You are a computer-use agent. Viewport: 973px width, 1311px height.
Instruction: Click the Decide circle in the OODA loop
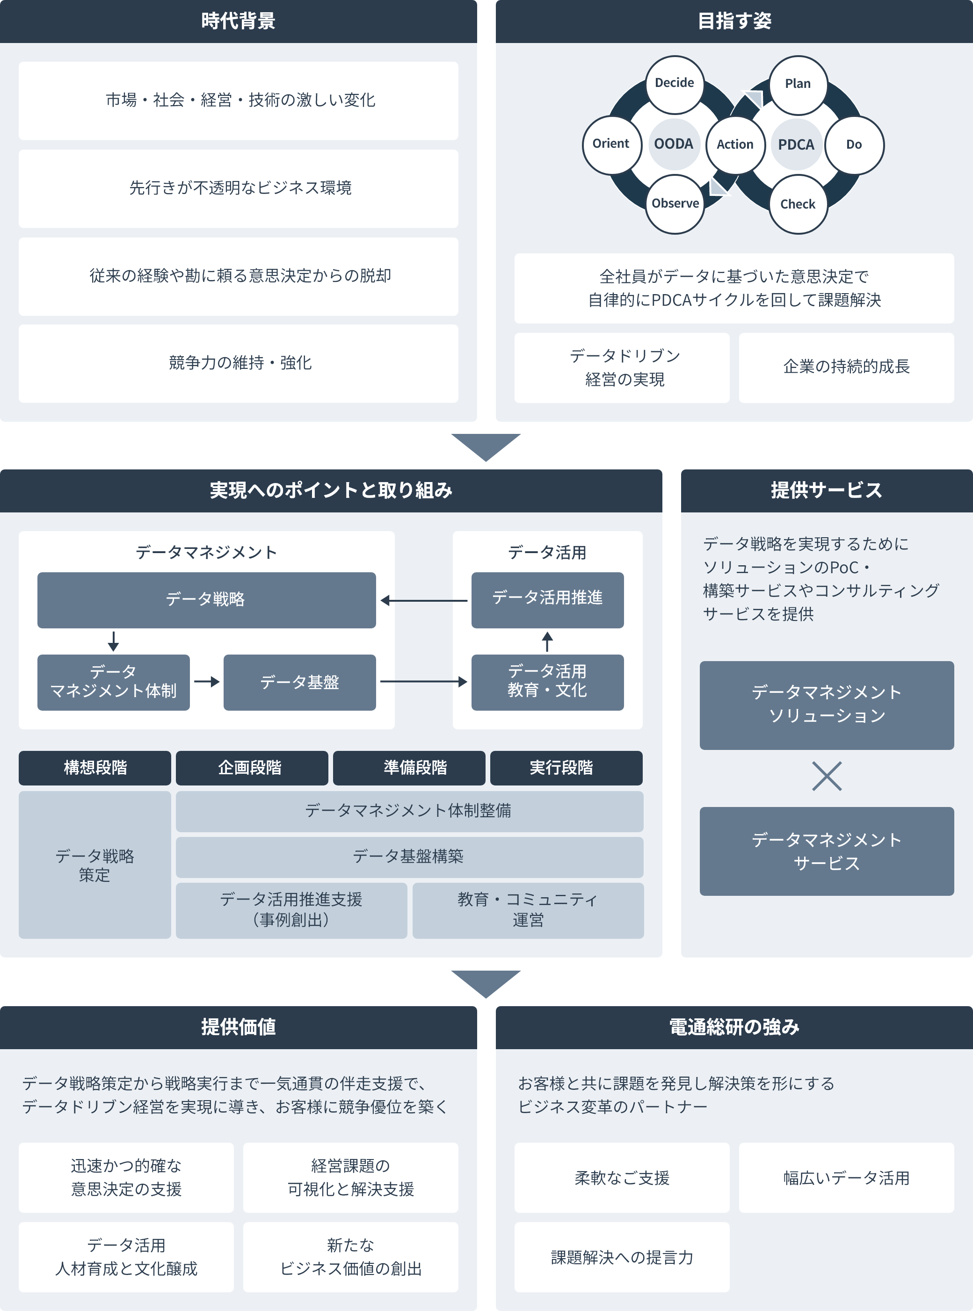[675, 84]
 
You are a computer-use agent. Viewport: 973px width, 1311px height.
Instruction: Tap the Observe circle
[675, 204]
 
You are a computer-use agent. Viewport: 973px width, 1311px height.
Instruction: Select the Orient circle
[611, 144]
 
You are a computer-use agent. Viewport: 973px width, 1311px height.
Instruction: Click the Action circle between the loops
[735, 144]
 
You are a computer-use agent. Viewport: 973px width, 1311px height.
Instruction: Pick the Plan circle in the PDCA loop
[798, 85]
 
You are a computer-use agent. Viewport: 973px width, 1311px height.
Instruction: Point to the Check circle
[798, 204]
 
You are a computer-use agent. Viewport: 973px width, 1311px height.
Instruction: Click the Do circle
[854, 144]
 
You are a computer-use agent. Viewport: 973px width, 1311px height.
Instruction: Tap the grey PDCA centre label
[796, 144]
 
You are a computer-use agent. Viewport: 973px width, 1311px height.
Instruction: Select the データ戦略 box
[206, 599]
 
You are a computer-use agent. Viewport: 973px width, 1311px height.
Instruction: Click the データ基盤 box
[299, 682]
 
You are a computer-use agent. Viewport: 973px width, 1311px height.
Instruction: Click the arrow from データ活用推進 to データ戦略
[424, 600]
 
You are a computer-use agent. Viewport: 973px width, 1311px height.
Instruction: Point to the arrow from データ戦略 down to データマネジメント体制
[114, 641]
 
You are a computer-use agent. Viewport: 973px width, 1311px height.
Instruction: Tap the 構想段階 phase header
[95, 768]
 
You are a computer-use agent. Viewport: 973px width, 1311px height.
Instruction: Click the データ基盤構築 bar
[409, 857]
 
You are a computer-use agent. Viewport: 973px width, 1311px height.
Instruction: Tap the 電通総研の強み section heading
[734, 1027]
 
